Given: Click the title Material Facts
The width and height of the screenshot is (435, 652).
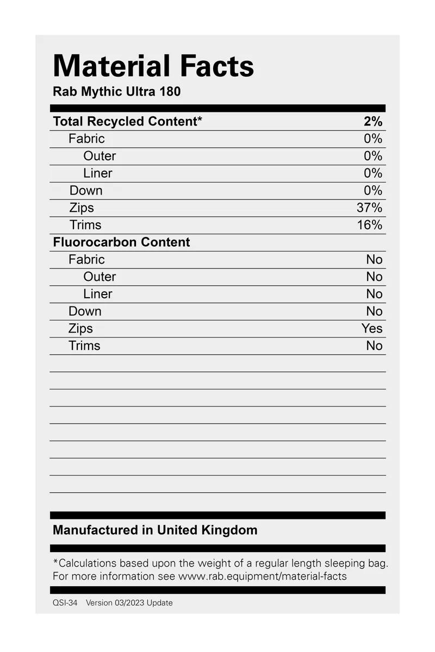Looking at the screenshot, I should point(153,66).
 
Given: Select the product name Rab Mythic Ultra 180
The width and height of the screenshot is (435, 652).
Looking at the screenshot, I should point(116,91).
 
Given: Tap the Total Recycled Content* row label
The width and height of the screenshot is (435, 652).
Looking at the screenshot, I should point(127,122).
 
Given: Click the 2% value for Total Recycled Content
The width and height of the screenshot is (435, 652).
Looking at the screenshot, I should point(373,122).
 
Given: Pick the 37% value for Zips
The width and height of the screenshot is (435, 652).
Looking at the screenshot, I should point(369,208).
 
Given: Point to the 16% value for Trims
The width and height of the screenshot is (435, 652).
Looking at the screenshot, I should point(369,225).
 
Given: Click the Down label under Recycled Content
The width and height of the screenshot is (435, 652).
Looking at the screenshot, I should point(86,191).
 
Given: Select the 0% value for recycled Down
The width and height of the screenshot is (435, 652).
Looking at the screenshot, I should point(373,191).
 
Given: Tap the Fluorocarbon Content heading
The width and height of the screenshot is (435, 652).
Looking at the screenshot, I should point(121,242).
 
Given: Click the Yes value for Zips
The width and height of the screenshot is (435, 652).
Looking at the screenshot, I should point(372,329).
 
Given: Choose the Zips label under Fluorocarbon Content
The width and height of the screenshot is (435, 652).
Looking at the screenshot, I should point(80,329).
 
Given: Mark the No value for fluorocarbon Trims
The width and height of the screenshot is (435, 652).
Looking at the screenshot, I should point(374,346).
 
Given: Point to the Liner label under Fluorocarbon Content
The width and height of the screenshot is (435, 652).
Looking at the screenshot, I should point(98,294).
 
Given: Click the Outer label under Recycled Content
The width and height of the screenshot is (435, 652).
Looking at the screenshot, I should point(100,156).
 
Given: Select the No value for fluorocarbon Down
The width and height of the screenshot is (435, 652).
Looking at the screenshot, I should point(374,311).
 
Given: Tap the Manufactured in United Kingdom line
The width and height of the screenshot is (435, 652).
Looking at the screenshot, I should point(155,530).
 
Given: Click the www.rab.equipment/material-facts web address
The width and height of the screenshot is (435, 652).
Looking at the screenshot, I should point(262,576).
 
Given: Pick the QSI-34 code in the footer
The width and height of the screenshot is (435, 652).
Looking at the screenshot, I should point(65,603).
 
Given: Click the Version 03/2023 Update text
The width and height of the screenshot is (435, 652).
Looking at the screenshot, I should point(129,603).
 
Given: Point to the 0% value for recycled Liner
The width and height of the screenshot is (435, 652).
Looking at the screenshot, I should point(373,173).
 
